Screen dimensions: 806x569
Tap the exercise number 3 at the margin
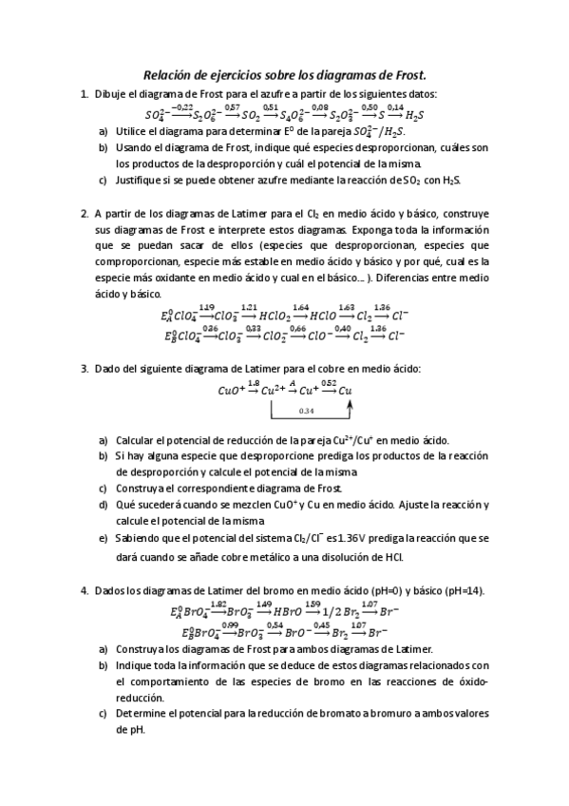click(x=85, y=369)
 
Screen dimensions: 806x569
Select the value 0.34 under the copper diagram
click(x=306, y=411)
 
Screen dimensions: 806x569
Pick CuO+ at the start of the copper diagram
click(x=231, y=390)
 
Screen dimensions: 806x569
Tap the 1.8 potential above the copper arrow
click(x=253, y=383)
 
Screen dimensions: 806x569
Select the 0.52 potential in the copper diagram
click(x=329, y=383)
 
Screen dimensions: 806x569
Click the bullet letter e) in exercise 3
click(x=103, y=538)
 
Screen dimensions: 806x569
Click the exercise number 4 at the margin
click(x=85, y=590)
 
